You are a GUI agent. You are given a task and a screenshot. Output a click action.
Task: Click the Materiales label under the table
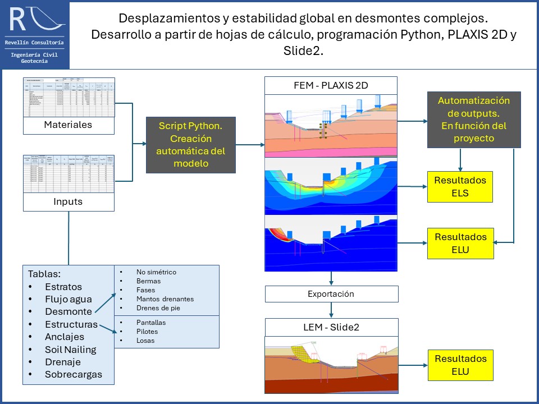coord(68,125)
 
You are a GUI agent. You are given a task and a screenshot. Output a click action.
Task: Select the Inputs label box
coord(68,202)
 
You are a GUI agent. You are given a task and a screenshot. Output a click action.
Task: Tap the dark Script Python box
coord(190,145)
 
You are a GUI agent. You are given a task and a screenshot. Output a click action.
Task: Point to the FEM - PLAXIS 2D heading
coord(331,85)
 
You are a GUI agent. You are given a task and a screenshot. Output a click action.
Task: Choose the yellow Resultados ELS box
coord(460,187)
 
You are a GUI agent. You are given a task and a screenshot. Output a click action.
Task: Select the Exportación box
coord(331,294)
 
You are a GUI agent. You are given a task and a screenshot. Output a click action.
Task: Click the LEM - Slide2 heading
coord(331,327)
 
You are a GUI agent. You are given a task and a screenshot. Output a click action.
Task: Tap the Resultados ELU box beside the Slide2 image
coord(460,365)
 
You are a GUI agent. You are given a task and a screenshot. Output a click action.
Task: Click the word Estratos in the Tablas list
coord(63,287)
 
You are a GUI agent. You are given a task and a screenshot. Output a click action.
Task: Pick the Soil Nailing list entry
coord(70,350)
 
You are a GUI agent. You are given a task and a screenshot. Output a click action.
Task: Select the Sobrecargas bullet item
coord(74,374)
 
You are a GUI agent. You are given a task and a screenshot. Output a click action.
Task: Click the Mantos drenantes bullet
coord(165,299)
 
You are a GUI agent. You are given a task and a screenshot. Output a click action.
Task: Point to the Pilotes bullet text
coord(147,332)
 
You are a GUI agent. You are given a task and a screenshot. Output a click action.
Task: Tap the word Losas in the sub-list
coord(145,341)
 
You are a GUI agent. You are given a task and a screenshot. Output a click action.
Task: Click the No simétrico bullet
coord(156,272)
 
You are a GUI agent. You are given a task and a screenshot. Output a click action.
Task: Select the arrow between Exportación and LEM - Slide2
coord(331,310)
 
